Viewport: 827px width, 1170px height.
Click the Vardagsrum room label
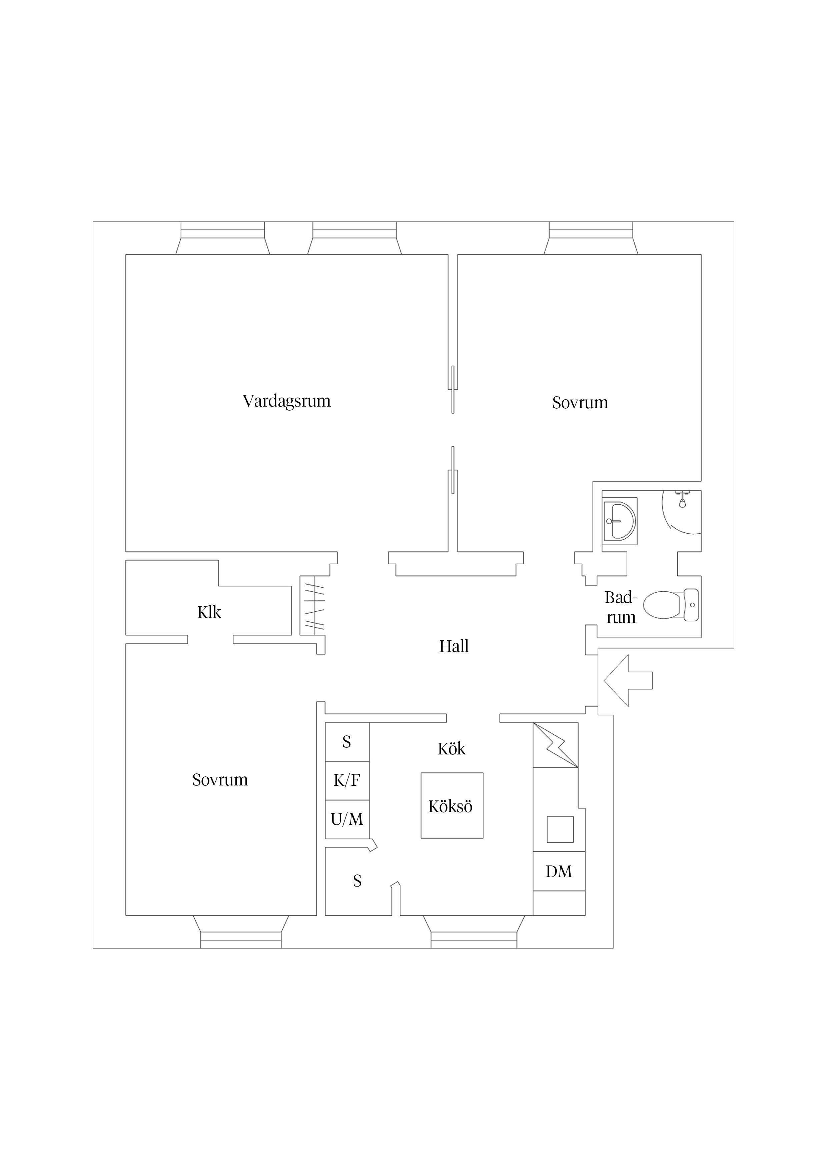[286, 401]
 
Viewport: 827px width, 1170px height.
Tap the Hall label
[454, 646]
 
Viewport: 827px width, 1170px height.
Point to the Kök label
[452, 748]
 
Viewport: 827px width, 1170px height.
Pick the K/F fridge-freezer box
[347, 781]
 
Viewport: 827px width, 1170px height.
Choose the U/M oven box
[347, 819]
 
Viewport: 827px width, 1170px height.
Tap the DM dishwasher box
[559, 871]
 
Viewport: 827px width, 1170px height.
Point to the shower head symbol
[682, 499]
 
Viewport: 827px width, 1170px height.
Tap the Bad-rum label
[621, 607]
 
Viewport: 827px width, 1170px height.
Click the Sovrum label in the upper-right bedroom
[580, 403]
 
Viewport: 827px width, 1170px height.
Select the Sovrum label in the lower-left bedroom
[220, 780]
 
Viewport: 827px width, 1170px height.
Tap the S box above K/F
[347, 742]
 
